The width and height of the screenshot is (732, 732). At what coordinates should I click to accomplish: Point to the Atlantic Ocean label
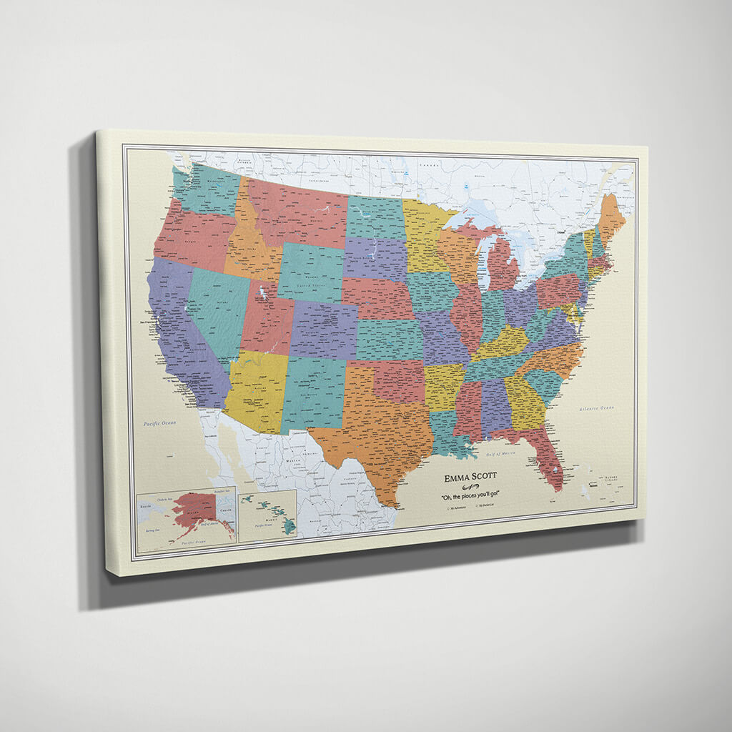click(597, 408)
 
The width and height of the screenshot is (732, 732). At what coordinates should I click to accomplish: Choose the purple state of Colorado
click(324, 330)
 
